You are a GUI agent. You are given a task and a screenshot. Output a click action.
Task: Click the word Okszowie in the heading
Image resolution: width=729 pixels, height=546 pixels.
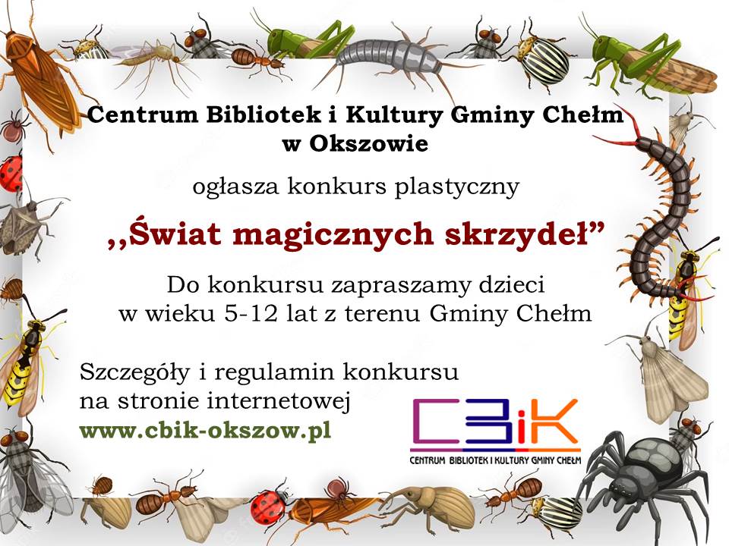[368, 143]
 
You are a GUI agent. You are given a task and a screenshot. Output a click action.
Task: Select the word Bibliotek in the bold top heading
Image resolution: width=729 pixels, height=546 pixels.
[264, 115]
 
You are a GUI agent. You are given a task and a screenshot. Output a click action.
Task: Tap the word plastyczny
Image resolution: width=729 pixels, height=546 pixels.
[456, 187]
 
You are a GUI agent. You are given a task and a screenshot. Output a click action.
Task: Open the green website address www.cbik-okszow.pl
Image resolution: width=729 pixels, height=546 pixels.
[205, 431]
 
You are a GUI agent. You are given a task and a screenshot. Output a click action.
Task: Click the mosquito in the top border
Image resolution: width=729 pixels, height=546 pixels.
[150, 59]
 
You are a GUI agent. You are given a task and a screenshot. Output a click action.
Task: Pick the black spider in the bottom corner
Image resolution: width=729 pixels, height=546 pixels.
[647, 483]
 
